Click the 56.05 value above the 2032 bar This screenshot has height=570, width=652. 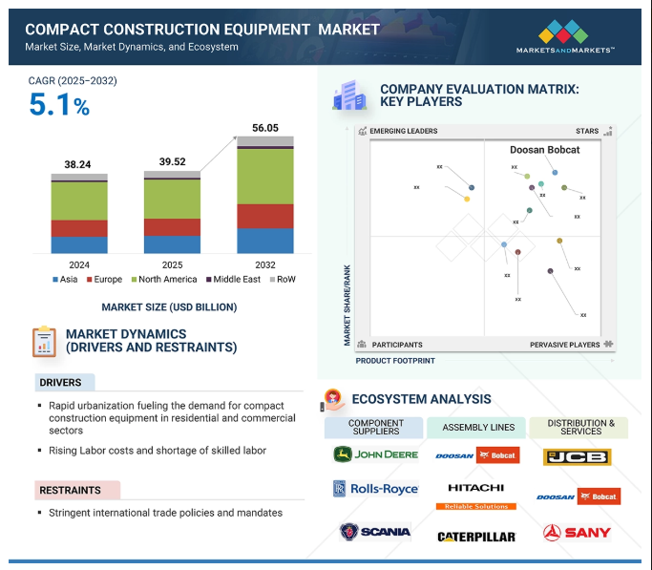[x=265, y=127]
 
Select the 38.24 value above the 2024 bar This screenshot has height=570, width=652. [x=78, y=164]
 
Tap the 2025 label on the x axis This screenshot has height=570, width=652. [x=172, y=264]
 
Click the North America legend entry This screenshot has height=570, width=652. [x=164, y=280]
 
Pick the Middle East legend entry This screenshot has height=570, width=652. [x=234, y=280]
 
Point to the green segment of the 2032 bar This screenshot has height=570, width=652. [x=265, y=177]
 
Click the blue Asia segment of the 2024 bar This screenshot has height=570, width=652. [x=79, y=244]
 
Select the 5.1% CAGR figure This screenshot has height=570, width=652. [x=59, y=105]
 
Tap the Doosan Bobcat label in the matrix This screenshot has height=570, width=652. [x=544, y=150]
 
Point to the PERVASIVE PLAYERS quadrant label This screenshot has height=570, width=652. [x=565, y=345]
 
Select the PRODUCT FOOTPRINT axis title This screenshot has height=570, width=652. [x=395, y=361]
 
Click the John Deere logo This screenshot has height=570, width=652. [x=375, y=454]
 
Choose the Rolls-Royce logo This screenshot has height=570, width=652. [x=375, y=489]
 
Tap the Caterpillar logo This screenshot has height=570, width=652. [x=476, y=537]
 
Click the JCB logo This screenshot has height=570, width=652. [x=577, y=456]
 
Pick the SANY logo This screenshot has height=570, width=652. [x=577, y=533]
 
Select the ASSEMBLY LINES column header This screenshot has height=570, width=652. [x=476, y=428]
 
